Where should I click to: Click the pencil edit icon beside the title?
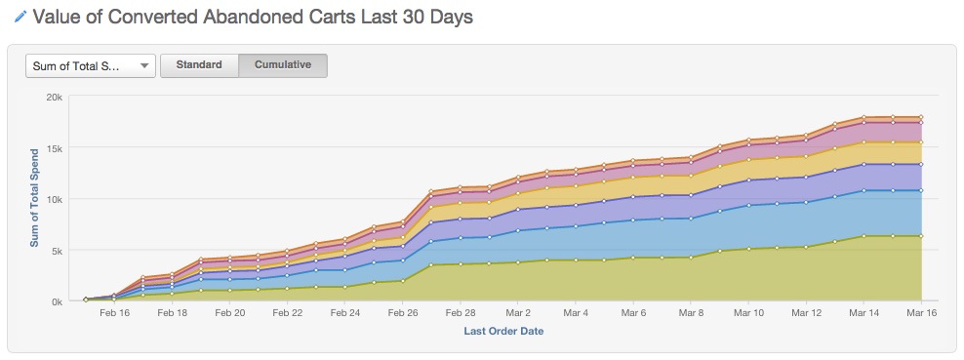(20, 18)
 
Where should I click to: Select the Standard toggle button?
(199, 65)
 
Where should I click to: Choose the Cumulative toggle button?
(283, 65)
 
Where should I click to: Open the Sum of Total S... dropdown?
(91, 65)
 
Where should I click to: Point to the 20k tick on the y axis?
(55, 97)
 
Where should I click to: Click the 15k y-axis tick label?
(55, 148)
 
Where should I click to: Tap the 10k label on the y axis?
(55, 199)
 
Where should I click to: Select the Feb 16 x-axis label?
(114, 313)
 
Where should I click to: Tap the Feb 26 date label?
(403, 313)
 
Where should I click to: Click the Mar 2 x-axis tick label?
(518, 313)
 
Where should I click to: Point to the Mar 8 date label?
(691, 313)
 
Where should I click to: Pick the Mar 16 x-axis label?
(921, 313)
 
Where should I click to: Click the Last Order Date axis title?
(503, 331)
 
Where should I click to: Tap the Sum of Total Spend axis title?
(34, 198)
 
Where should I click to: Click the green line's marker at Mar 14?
(864, 236)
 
